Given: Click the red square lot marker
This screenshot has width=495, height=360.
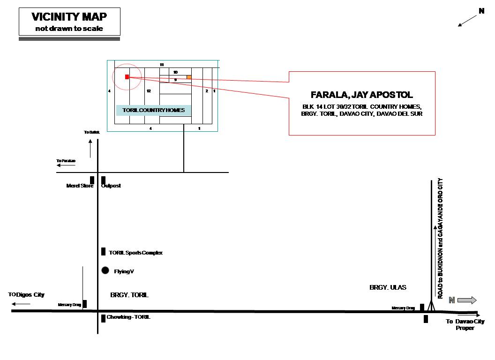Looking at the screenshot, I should point(127,77).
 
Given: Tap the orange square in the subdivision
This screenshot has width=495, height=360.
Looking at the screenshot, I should point(189,77).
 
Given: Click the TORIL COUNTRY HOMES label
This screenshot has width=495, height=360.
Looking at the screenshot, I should point(154,111).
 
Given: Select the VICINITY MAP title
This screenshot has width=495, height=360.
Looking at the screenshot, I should point(69,17).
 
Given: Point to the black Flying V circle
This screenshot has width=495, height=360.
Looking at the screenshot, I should point(105,270).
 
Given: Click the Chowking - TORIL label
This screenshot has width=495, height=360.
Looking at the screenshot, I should point(128,317).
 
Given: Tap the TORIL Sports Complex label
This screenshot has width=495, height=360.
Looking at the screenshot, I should point(135,253).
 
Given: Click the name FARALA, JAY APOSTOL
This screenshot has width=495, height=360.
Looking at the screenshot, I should point(362,95).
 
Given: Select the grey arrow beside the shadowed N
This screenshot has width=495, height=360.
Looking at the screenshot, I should point(467,300).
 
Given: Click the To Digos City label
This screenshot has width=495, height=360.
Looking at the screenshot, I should point(26,295).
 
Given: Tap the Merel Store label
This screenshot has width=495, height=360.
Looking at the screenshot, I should point(80,186).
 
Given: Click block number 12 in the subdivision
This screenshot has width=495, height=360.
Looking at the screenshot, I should point(148,91).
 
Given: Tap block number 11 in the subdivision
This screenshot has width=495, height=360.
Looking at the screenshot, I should point(162,64).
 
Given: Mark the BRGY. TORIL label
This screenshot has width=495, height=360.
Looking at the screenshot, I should point(129,295).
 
